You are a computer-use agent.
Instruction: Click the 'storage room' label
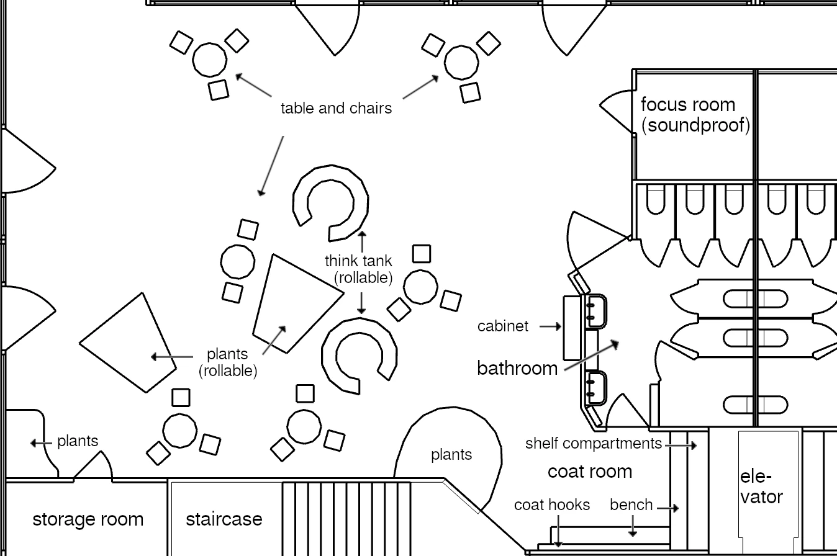click(x=88, y=519)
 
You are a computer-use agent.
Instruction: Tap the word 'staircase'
click(x=224, y=519)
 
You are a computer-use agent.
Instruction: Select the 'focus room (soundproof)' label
click(x=695, y=115)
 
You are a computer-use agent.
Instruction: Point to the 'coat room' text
click(x=589, y=472)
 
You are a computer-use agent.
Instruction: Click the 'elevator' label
click(x=761, y=487)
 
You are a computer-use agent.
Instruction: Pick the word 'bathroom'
click(x=517, y=369)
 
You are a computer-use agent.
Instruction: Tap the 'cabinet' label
click(x=503, y=326)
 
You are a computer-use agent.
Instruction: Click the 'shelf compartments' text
click(x=594, y=444)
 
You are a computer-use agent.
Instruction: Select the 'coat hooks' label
click(x=551, y=505)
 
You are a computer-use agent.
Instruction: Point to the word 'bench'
click(x=631, y=505)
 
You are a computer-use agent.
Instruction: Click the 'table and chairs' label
click(x=336, y=108)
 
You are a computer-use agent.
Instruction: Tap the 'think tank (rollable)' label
click(x=359, y=269)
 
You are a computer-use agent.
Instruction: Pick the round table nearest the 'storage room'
click(x=179, y=431)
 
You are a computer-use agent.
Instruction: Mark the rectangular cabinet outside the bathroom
click(x=571, y=328)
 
